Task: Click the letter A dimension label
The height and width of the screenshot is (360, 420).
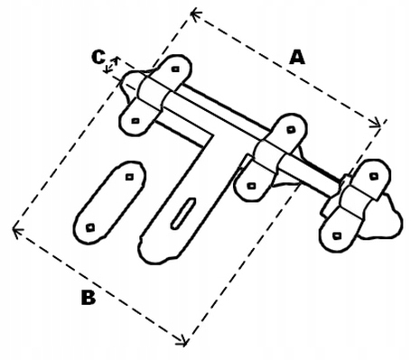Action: [x=297, y=58]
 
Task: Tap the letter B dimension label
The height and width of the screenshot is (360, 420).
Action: [x=89, y=297]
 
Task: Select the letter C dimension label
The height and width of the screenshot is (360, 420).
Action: [x=98, y=58]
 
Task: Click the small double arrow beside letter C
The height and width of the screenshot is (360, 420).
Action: [x=111, y=64]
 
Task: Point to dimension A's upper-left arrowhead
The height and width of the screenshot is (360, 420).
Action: [x=196, y=14]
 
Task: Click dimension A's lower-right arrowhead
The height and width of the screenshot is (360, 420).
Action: [x=376, y=124]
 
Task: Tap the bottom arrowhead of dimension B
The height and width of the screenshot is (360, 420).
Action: [x=182, y=341]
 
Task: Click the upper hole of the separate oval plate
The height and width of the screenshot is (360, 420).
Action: [x=129, y=177]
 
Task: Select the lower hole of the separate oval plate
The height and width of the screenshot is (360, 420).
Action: [x=90, y=227]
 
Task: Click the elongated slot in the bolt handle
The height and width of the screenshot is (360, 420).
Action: [x=183, y=214]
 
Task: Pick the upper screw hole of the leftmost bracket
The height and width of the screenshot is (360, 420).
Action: [x=175, y=69]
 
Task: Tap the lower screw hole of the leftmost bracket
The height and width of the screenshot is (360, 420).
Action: [x=135, y=121]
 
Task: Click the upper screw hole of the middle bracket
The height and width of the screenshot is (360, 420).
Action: [x=291, y=130]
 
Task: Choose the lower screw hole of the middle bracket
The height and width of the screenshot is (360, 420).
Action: [x=252, y=186]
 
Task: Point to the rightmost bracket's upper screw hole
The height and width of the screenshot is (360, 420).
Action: [x=374, y=176]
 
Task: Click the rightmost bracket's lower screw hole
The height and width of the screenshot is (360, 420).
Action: [x=337, y=235]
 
